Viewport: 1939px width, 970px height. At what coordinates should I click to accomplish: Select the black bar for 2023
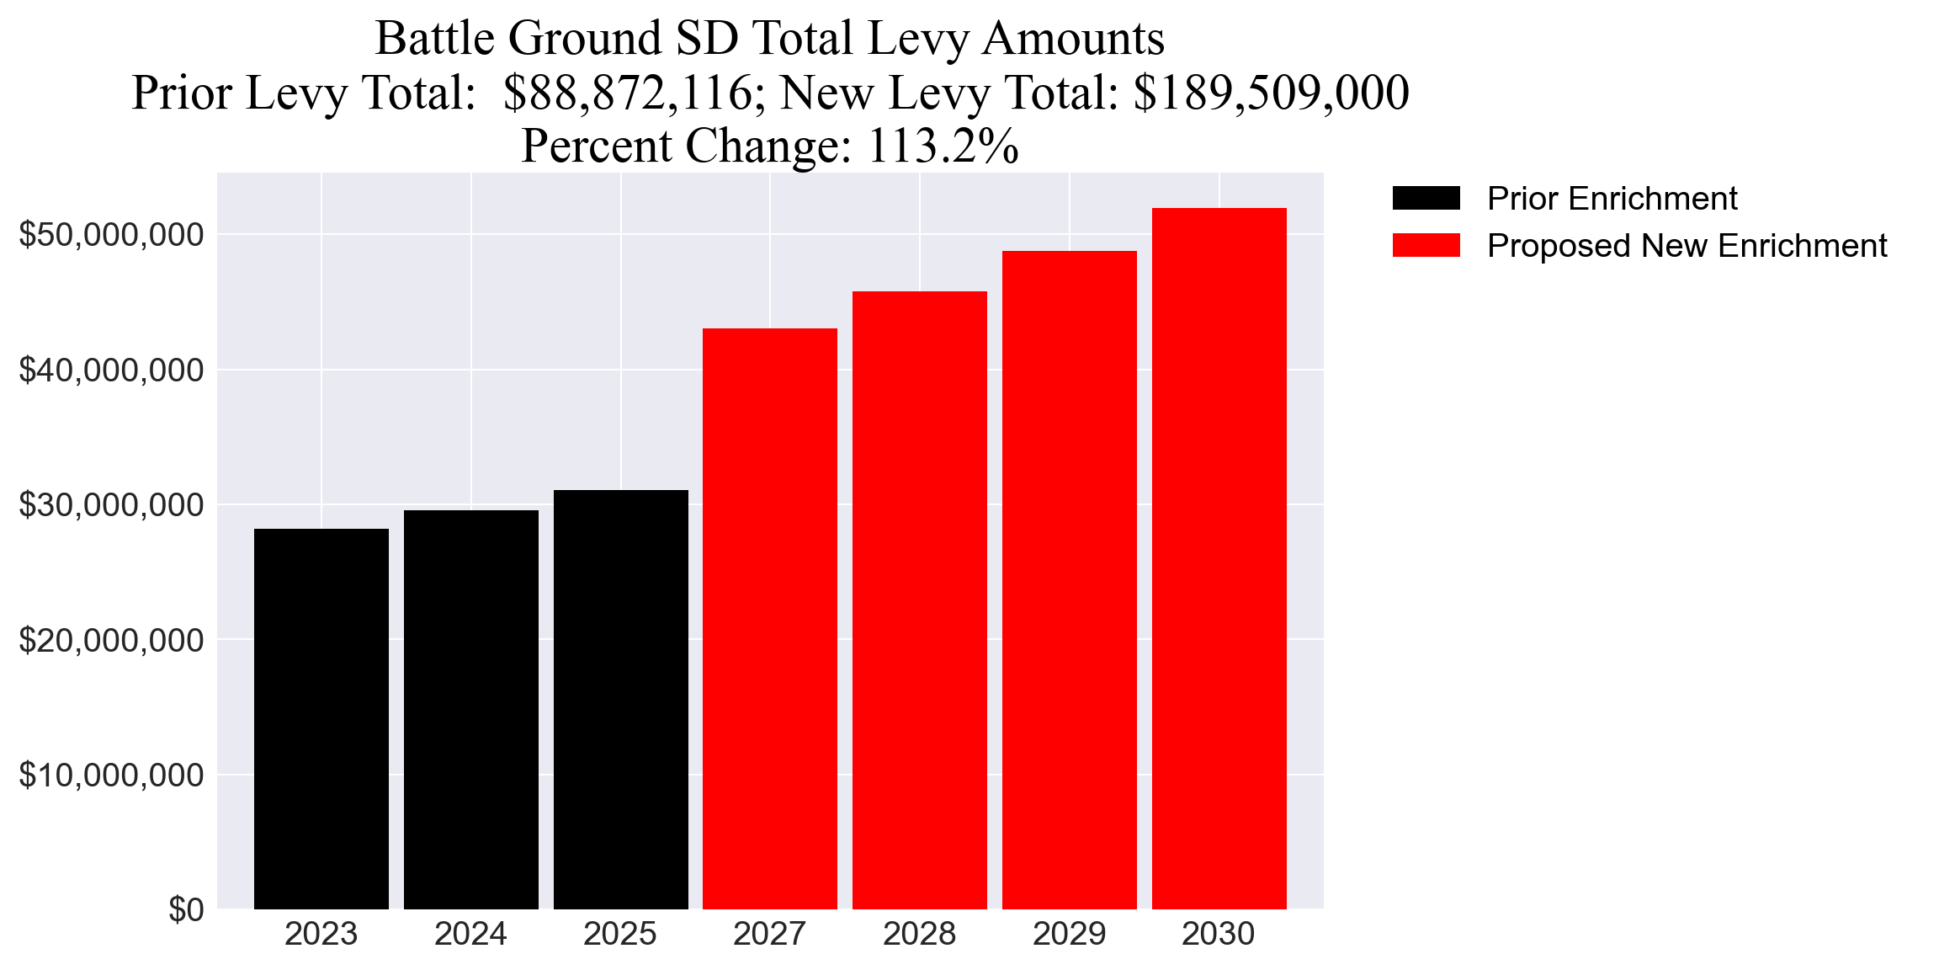tap(321, 719)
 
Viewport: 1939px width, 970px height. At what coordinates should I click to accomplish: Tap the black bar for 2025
tap(620, 700)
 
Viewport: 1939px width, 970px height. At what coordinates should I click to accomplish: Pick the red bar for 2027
tap(770, 619)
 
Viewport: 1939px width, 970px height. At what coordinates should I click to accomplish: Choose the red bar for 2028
tap(920, 600)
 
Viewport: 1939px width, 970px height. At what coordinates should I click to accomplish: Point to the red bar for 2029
tap(1069, 580)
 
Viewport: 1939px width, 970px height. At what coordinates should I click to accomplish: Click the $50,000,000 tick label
tap(111, 235)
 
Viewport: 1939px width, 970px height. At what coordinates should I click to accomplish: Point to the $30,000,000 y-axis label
tap(111, 505)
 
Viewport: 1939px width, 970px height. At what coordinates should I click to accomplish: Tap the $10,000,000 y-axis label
tap(111, 775)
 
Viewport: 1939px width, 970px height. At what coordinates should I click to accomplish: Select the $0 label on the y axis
tap(186, 910)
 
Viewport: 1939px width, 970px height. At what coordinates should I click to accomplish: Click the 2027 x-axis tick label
tap(769, 935)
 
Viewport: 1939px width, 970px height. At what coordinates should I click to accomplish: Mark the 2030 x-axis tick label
tap(1218, 935)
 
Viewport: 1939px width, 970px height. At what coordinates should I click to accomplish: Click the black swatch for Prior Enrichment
tap(1426, 199)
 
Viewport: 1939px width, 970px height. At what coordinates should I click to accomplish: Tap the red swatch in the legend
tap(1426, 246)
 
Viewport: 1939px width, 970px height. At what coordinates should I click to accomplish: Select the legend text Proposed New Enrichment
tap(1687, 246)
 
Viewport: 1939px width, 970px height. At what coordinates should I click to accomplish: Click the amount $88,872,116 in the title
tap(628, 93)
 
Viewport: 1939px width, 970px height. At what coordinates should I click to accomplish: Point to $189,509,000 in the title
tap(1271, 93)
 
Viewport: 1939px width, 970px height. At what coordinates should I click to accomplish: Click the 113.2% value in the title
tap(943, 146)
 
